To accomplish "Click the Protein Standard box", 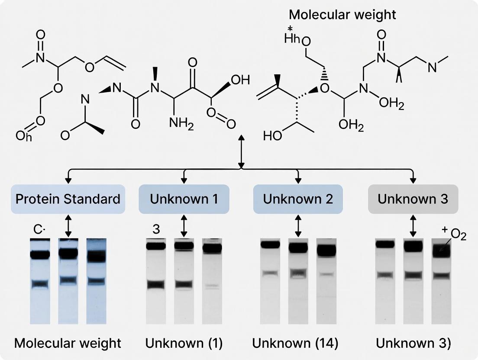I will [68, 199].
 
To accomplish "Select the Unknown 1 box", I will [184, 199].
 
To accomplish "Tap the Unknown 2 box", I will [298, 199].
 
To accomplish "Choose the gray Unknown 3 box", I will [413, 199].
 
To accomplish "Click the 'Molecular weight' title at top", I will [342, 14].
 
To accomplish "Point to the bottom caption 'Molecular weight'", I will [68, 344].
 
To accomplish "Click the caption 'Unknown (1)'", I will [184, 344].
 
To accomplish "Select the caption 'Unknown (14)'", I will [295, 344].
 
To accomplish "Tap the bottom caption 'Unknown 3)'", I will [413, 344].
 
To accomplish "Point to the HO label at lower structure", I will [272, 136].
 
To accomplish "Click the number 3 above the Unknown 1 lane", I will [156, 230].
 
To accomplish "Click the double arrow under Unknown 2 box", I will [297, 226].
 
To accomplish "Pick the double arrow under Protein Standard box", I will [68, 226].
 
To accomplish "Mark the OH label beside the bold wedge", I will [240, 80].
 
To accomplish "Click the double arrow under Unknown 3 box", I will [412, 226].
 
